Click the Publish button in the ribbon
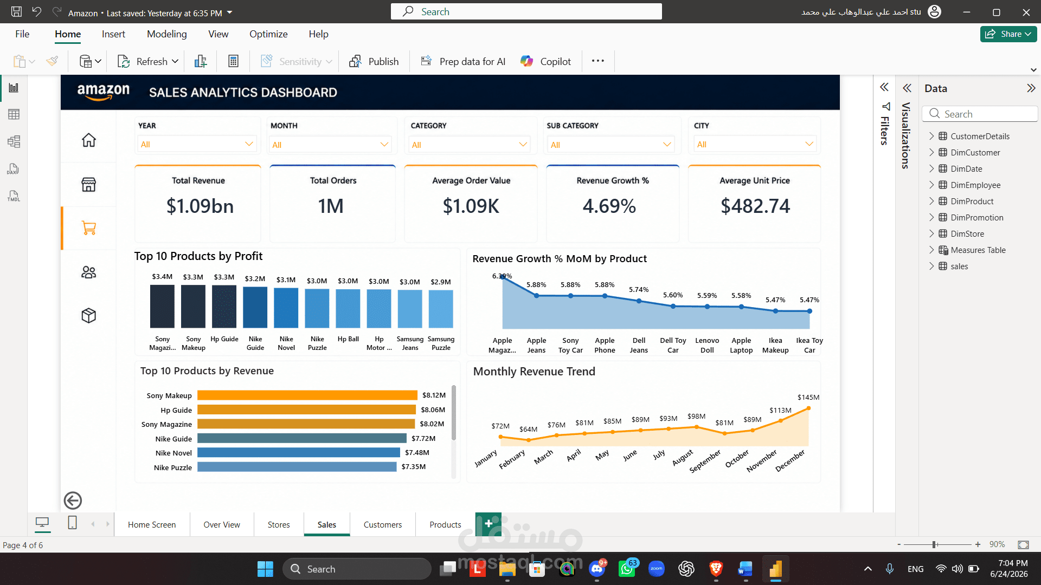tap(374, 62)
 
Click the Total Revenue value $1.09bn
tap(200, 206)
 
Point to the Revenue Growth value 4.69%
tap(609, 206)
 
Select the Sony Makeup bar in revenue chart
tap(307, 395)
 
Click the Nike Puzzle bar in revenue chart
tap(297, 467)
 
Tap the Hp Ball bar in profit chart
tap(348, 308)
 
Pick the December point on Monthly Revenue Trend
tap(808, 408)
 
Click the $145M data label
tap(808, 398)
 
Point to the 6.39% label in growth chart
tap(502, 276)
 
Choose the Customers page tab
tap(383, 525)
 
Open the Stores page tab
tap(279, 525)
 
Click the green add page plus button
tap(489, 524)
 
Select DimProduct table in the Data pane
tap(972, 201)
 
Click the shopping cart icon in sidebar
tap(89, 228)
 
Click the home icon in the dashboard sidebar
tap(89, 140)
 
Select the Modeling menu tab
tap(167, 34)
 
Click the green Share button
tap(1008, 34)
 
